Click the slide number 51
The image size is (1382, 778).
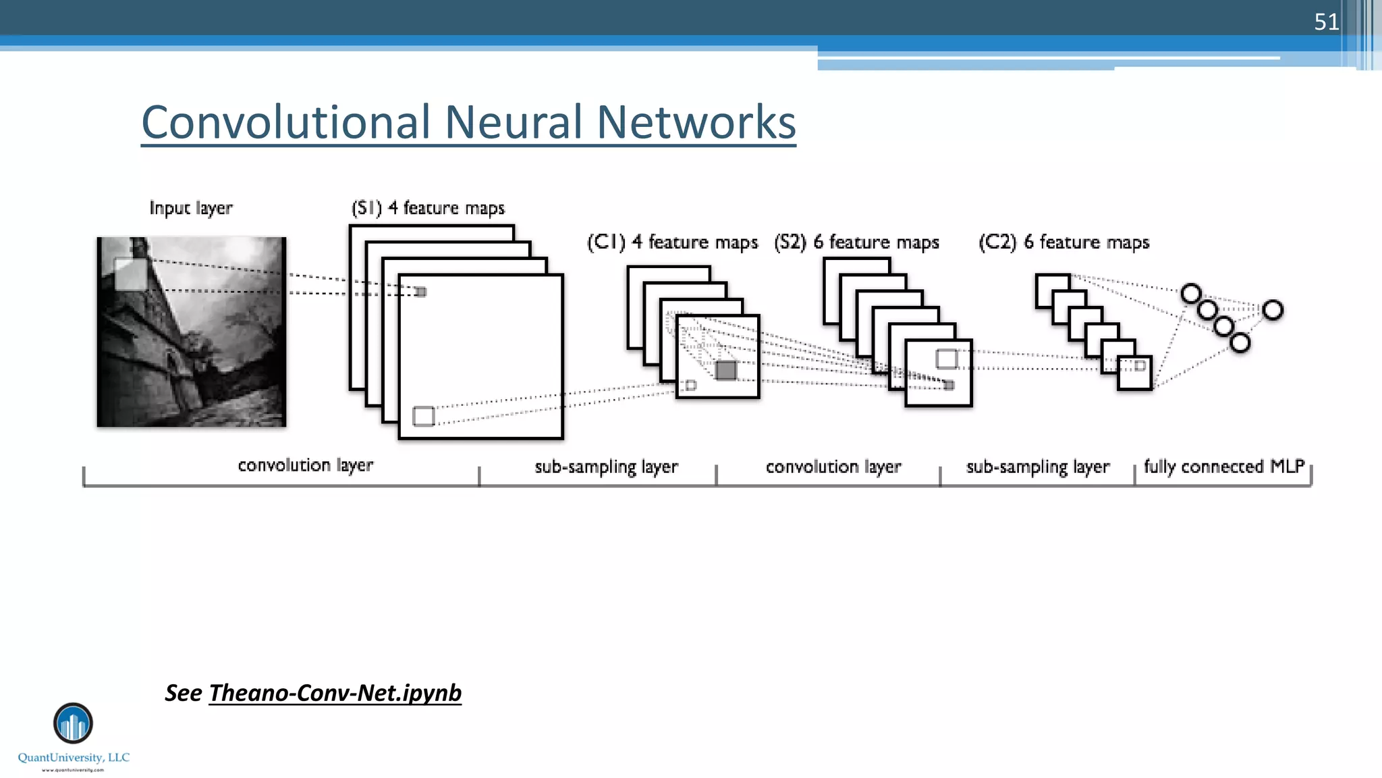tap(1326, 22)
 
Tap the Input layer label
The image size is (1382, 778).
tap(191, 208)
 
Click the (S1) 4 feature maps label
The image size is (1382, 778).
tap(428, 208)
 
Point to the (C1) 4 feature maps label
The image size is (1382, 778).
tap(672, 242)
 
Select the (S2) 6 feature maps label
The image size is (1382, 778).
tap(856, 242)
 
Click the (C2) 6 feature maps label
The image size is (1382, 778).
tap(1063, 242)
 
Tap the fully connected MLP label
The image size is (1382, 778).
tap(1224, 467)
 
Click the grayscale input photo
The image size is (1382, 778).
tap(192, 338)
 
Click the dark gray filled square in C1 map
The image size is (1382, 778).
tap(726, 370)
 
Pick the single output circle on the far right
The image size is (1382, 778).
tap(1273, 310)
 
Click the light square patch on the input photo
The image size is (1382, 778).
tap(130, 274)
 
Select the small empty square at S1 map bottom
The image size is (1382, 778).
tap(423, 416)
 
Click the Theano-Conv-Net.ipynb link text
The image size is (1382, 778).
tap(335, 693)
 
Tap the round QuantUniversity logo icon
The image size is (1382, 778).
tap(73, 723)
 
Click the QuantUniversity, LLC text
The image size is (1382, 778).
tap(74, 758)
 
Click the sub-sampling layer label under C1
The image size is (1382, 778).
tap(606, 467)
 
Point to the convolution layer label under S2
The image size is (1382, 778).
tap(833, 467)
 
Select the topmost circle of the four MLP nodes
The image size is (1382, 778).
tap(1191, 294)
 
